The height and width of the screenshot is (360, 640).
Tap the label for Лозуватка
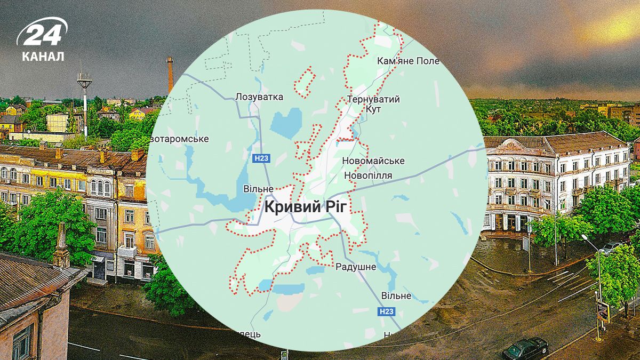tap(259, 97)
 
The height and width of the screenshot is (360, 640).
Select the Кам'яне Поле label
tap(408, 61)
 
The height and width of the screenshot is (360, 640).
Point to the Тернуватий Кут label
tap(373, 104)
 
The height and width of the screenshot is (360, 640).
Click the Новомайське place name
tap(373, 161)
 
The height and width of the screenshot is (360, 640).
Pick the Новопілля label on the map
tap(369, 175)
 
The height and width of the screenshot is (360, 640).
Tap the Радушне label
tap(356, 267)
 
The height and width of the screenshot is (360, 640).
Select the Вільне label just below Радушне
tap(396, 295)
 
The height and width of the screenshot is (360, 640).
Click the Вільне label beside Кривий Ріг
tap(259, 189)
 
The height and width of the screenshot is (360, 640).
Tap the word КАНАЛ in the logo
tap(43, 56)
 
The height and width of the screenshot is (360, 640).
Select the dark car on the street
tap(525, 348)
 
